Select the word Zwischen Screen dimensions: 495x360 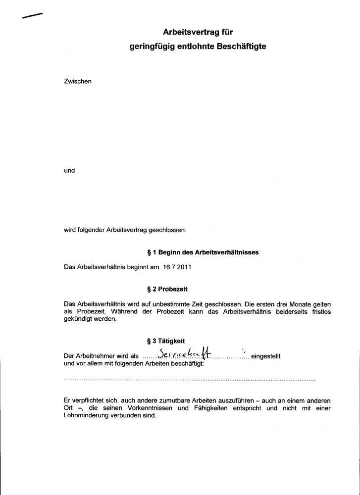pyautogui.click(x=78, y=81)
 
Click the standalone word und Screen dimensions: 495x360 pyautogui.click(x=69, y=170)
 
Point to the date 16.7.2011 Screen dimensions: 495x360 pyautogui.click(x=177, y=267)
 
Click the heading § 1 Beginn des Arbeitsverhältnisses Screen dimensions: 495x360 pyautogui.click(x=200, y=252)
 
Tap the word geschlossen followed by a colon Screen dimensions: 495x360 pyautogui.click(x=168, y=230)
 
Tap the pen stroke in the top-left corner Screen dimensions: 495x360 pyautogui.click(x=32, y=16)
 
